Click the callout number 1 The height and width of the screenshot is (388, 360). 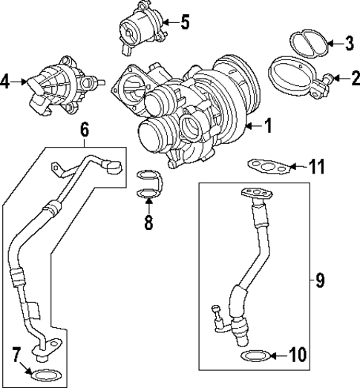[269, 127]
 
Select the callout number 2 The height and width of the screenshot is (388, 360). [355, 76]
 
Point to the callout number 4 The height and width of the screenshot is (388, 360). [7, 82]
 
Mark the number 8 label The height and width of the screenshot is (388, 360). [148, 223]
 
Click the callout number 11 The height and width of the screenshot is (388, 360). [318, 167]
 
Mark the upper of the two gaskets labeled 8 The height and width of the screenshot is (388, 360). [148, 177]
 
